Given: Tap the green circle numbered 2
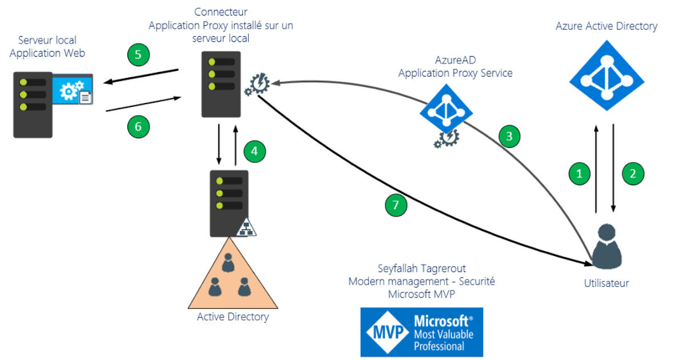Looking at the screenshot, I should [633, 173].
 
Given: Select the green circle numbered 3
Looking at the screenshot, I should [509, 136].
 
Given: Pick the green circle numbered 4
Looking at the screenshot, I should [255, 151].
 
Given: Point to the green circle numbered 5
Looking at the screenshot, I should [138, 55].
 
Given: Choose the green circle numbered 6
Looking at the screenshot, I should [138, 126].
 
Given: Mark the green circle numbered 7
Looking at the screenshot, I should [396, 205].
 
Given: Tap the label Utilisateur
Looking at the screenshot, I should [607, 283].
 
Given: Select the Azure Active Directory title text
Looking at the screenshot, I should [606, 26].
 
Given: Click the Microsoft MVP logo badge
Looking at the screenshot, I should [421, 332].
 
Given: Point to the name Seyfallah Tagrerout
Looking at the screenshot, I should [421, 268].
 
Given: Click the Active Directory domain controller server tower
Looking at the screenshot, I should [229, 203].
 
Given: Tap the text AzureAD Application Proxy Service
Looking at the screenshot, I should [455, 67].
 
